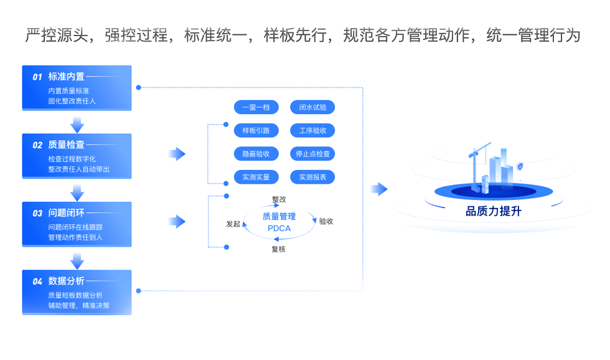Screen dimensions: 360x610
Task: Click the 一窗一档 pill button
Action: (256, 107)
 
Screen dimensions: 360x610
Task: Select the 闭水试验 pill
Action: (312, 107)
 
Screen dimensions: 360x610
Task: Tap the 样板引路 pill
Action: (256, 131)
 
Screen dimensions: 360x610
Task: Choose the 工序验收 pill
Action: (312, 131)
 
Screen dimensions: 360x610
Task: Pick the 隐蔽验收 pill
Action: (256, 154)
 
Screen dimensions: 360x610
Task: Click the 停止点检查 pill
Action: (312, 154)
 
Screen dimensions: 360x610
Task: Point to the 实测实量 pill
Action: (256, 177)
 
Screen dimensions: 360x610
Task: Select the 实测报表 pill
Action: (312, 177)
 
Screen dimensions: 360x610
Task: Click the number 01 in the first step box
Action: (37, 77)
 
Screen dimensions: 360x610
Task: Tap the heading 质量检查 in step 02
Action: (66, 145)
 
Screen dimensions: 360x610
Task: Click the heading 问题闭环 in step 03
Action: (66, 213)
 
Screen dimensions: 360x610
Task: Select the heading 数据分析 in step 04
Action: (66, 281)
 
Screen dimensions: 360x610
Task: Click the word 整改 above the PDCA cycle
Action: (279, 199)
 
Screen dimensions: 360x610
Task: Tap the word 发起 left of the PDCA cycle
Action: (233, 224)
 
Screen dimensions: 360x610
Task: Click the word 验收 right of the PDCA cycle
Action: (326, 221)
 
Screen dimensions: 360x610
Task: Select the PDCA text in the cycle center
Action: (279, 229)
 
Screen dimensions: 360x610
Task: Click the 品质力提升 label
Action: (494, 211)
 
